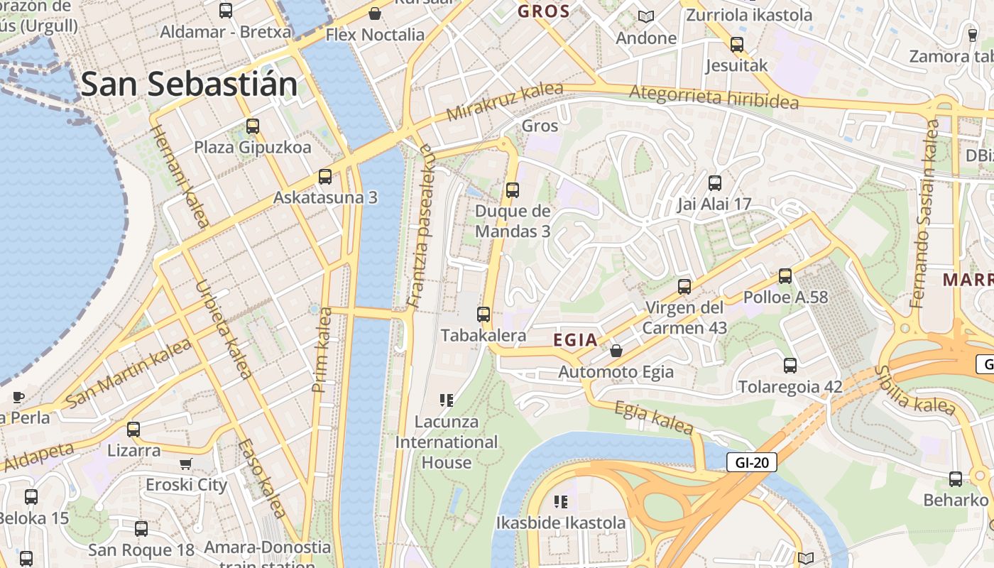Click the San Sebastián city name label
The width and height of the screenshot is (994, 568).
tap(189, 84)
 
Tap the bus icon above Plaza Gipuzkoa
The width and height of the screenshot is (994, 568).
tap(253, 126)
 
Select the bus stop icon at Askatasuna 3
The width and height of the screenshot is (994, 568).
tap(325, 176)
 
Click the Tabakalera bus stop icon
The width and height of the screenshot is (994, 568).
tap(484, 314)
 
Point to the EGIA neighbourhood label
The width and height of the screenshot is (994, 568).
tap(575, 340)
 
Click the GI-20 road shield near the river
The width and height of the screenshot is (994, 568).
tap(752, 463)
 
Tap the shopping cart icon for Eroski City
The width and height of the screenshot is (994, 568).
tap(186, 464)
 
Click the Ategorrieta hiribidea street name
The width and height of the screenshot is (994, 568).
tap(714, 97)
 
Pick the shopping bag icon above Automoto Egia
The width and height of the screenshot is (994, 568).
tap(616, 351)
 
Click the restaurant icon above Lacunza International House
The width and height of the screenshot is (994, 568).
tap(446, 400)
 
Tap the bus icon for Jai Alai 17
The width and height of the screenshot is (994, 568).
tap(714, 183)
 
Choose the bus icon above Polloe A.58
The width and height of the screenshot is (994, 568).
tap(785, 276)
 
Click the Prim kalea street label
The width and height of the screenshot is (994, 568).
tap(322, 349)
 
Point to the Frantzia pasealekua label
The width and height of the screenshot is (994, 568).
tap(420, 226)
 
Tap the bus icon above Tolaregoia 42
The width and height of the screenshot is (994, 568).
tap(790, 366)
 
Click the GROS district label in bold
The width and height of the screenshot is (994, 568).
tap(544, 11)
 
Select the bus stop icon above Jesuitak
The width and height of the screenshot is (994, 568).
tap(737, 45)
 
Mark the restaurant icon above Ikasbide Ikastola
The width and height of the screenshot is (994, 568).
tap(561, 502)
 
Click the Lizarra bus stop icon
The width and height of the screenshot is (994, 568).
tap(133, 430)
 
